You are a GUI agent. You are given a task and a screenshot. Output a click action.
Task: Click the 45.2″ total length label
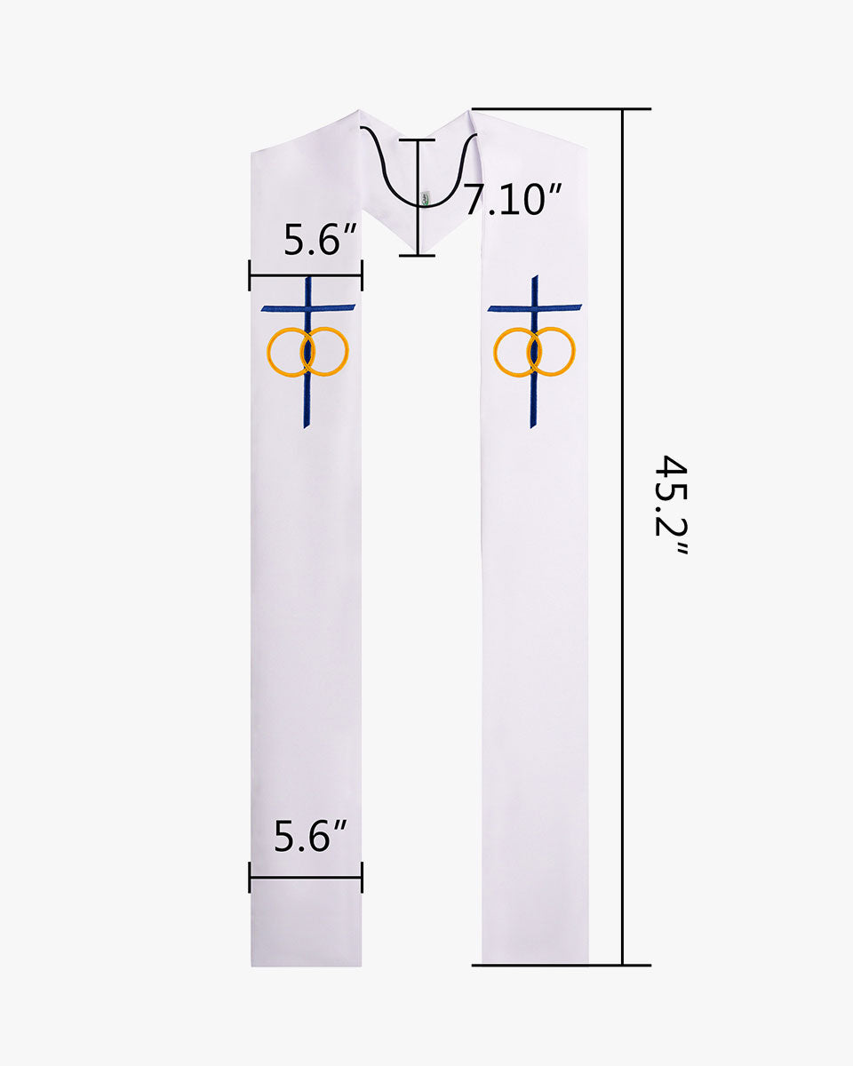click(671, 504)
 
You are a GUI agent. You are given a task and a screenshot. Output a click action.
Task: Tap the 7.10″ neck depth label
click(512, 199)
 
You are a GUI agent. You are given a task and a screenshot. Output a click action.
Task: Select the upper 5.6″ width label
click(320, 239)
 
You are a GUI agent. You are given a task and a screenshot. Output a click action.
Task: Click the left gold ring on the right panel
click(494, 352)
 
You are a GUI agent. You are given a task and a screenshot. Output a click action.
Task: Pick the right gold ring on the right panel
click(575, 351)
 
